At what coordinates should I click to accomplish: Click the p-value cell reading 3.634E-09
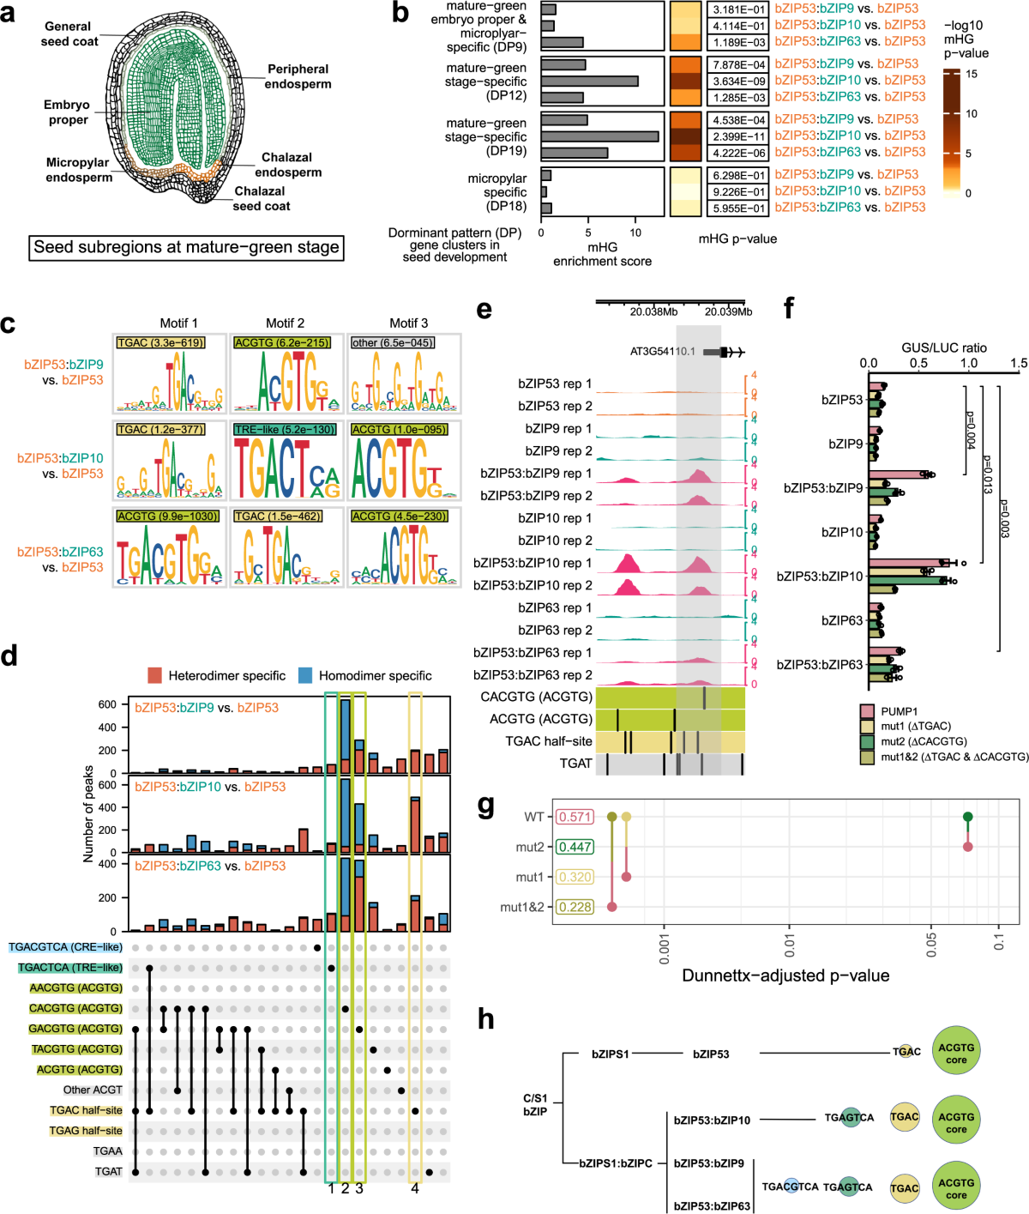click(x=738, y=81)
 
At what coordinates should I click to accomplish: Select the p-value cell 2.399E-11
click(x=738, y=136)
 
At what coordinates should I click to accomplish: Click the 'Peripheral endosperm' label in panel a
click(x=298, y=76)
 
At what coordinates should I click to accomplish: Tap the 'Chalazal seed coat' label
click(x=261, y=199)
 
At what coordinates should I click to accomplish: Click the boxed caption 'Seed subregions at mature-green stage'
click(x=186, y=247)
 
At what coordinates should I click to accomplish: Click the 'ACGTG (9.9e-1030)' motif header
click(x=167, y=516)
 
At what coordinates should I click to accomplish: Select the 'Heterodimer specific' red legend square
click(x=155, y=675)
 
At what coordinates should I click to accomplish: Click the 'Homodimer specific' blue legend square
click(x=305, y=675)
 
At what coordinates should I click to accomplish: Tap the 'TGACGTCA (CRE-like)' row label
click(x=65, y=947)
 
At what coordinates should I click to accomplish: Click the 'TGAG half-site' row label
click(x=86, y=1131)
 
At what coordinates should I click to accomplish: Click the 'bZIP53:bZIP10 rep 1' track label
click(x=533, y=563)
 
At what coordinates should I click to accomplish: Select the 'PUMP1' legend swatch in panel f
click(x=868, y=711)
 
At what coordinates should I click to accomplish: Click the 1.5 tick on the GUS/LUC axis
click(x=1019, y=363)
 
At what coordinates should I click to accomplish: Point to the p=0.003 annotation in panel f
click(x=1004, y=519)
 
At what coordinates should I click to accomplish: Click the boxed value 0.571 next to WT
click(x=574, y=817)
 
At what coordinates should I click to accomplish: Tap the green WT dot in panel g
click(x=967, y=817)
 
